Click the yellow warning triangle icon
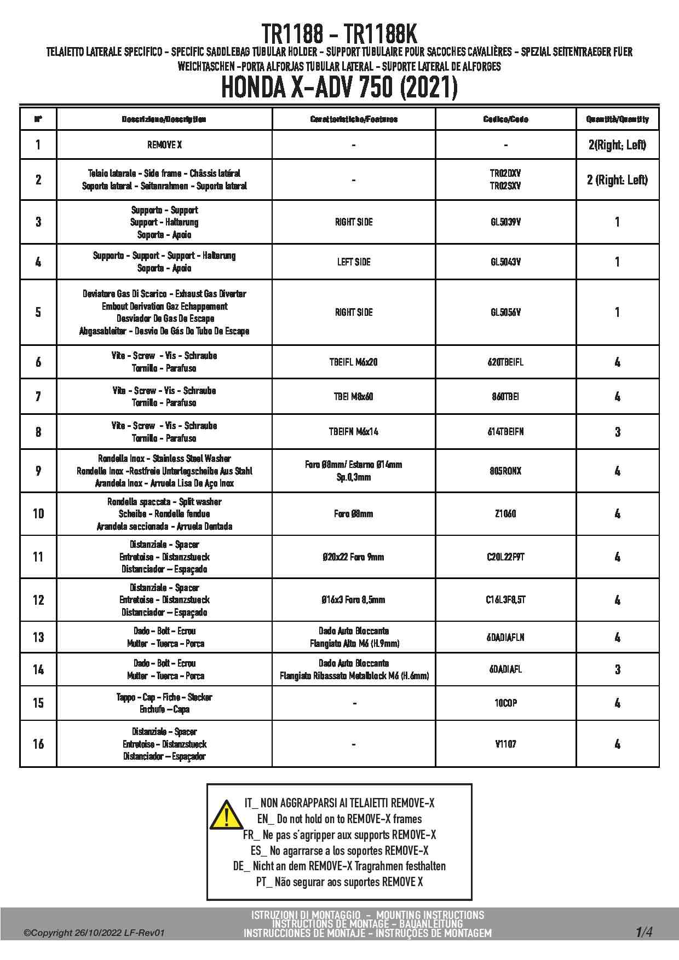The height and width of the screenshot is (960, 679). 226,814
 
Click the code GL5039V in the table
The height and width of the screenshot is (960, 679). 505,222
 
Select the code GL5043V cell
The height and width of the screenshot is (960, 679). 505,262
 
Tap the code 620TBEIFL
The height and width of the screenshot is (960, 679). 505,362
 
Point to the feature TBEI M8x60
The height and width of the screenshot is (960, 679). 354,397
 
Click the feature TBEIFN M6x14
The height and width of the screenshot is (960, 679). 354,432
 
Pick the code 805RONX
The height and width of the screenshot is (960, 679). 505,471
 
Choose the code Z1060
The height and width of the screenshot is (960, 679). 505,514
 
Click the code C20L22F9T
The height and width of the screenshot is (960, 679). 505,557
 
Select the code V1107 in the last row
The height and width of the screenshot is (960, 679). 505,744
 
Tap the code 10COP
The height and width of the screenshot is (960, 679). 505,703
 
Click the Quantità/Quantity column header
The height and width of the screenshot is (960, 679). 617,119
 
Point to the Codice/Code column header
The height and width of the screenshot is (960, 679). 505,119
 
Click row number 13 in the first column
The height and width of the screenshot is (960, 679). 38,637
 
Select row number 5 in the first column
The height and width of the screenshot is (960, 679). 38,312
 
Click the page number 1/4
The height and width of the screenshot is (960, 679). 644,932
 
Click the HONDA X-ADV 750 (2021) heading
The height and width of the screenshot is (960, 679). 339,88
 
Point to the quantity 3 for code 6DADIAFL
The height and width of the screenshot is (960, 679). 617,669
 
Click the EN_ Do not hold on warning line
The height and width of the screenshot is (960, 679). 339,819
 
